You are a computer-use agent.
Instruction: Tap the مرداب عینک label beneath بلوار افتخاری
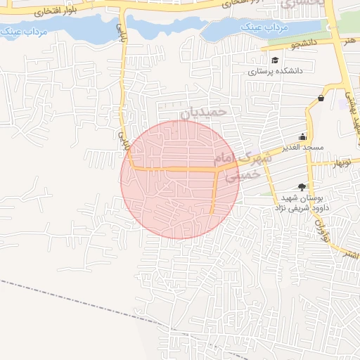coord(22,32)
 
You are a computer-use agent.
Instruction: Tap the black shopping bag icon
coord(321,98)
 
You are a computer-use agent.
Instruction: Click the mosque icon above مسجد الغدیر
coord(302,136)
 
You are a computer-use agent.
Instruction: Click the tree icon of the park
coord(302,186)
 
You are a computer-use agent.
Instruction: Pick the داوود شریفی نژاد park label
coord(307,207)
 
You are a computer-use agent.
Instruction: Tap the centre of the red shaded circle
coord(179,179)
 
